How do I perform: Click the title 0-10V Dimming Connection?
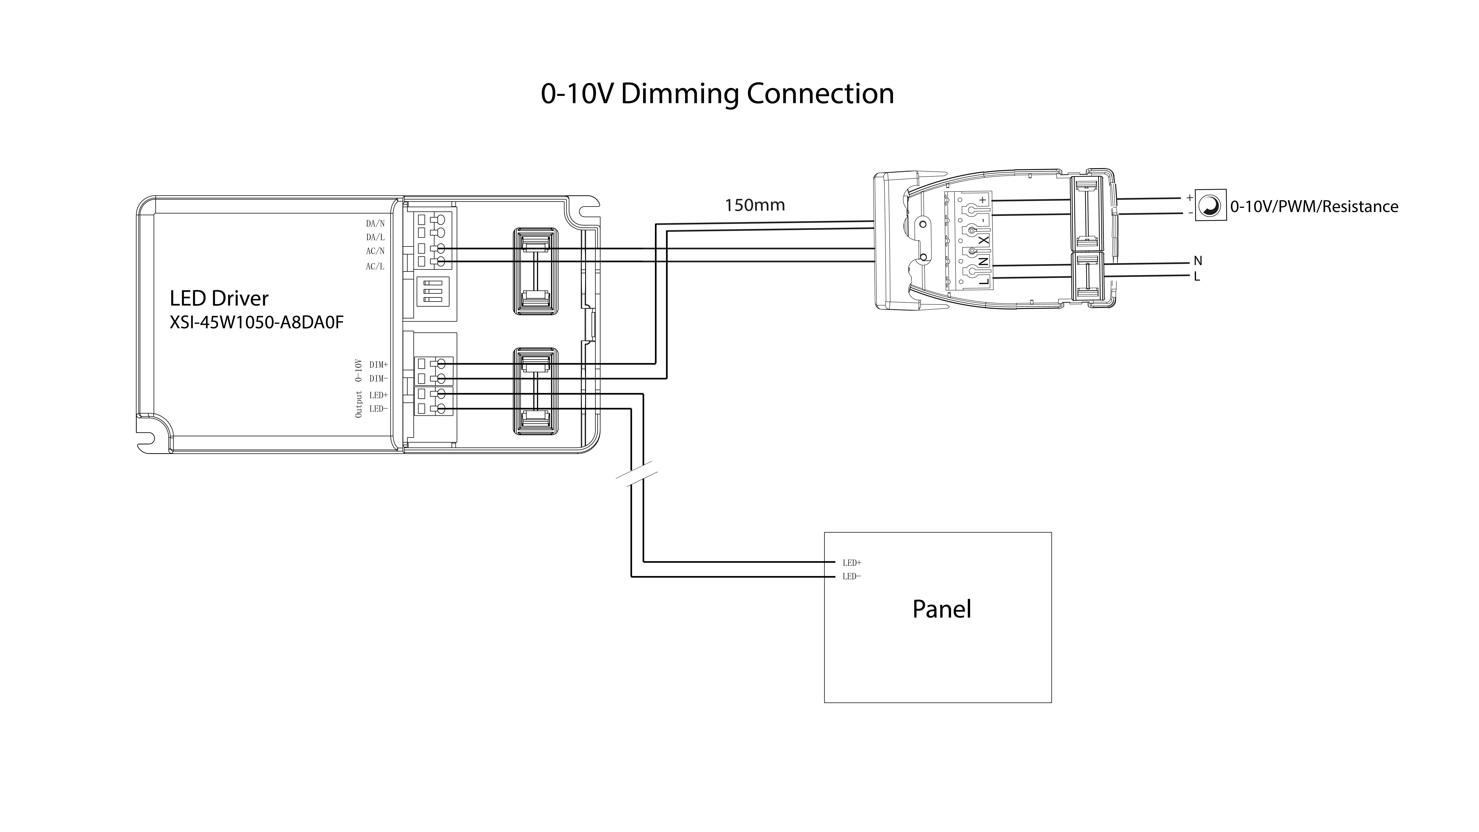tap(717, 94)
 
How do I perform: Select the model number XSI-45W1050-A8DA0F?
tap(257, 323)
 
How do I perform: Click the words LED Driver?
tap(219, 298)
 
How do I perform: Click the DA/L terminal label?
tap(375, 237)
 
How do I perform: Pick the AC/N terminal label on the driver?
tap(375, 251)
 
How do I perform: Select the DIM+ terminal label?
tap(378, 365)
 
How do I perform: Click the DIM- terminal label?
tap(378, 378)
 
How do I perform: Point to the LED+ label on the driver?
tap(378, 395)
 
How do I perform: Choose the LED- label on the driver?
tap(378, 409)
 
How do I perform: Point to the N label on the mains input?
tap(1198, 261)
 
